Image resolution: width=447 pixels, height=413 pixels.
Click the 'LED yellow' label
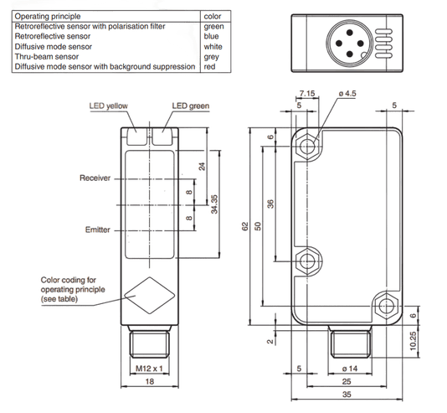tap(108, 106)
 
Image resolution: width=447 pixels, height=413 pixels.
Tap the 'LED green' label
tap(190, 106)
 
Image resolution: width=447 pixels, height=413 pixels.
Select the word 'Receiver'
tap(95, 178)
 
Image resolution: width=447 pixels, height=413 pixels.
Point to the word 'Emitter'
tap(97, 230)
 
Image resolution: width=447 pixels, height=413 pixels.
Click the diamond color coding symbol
tap(150, 295)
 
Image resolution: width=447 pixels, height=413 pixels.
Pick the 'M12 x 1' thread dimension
tap(149, 369)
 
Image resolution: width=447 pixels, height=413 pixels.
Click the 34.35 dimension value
tap(214, 204)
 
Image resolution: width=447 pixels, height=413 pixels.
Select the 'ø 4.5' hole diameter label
tap(347, 93)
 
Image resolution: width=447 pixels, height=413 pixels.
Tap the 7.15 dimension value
tap(307, 93)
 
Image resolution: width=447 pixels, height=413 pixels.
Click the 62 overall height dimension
tap(245, 226)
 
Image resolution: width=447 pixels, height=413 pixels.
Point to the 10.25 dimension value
tap(413, 341)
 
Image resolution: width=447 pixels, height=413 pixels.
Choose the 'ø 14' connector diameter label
tap(350, 369)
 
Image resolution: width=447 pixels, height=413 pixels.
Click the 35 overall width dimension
tap(347, 395)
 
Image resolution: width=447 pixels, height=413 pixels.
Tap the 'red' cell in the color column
tap(209, 67)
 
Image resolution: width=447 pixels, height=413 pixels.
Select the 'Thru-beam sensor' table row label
tap(47, 56)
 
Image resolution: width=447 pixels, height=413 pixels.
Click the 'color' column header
tap(213, 16)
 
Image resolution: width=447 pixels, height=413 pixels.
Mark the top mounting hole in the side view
tap(307, 147)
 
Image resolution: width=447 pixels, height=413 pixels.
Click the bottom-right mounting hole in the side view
tap(387, 306)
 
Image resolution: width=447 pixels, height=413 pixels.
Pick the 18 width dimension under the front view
tap(150, 381)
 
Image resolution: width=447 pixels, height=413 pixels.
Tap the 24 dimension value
tap(202, 166)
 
